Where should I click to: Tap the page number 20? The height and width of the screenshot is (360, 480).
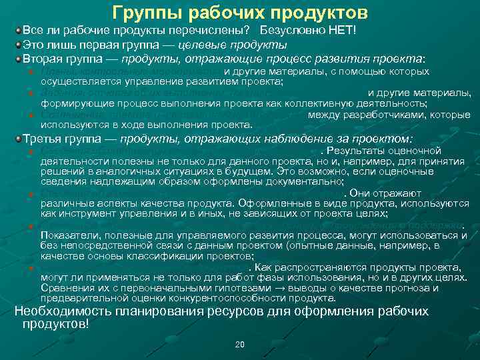click(240, 344)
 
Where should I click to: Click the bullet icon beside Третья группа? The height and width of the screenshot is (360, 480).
click(18, 139)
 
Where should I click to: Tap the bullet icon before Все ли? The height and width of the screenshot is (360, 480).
click(18, 31)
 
